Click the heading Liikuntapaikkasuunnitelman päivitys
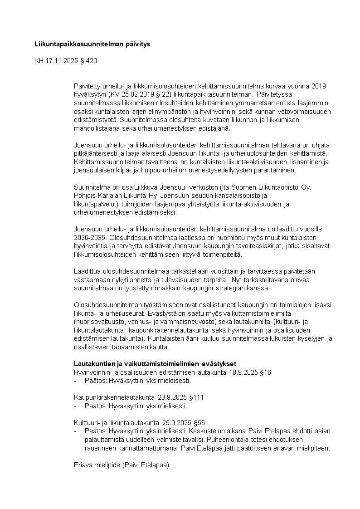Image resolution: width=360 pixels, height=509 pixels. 92,44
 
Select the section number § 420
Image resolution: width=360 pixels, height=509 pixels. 88,60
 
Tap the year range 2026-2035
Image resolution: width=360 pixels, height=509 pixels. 89,237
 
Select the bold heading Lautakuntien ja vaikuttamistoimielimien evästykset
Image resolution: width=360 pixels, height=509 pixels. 155,364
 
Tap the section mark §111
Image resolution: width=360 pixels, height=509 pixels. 196,397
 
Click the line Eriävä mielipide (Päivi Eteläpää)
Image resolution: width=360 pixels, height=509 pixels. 121,464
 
